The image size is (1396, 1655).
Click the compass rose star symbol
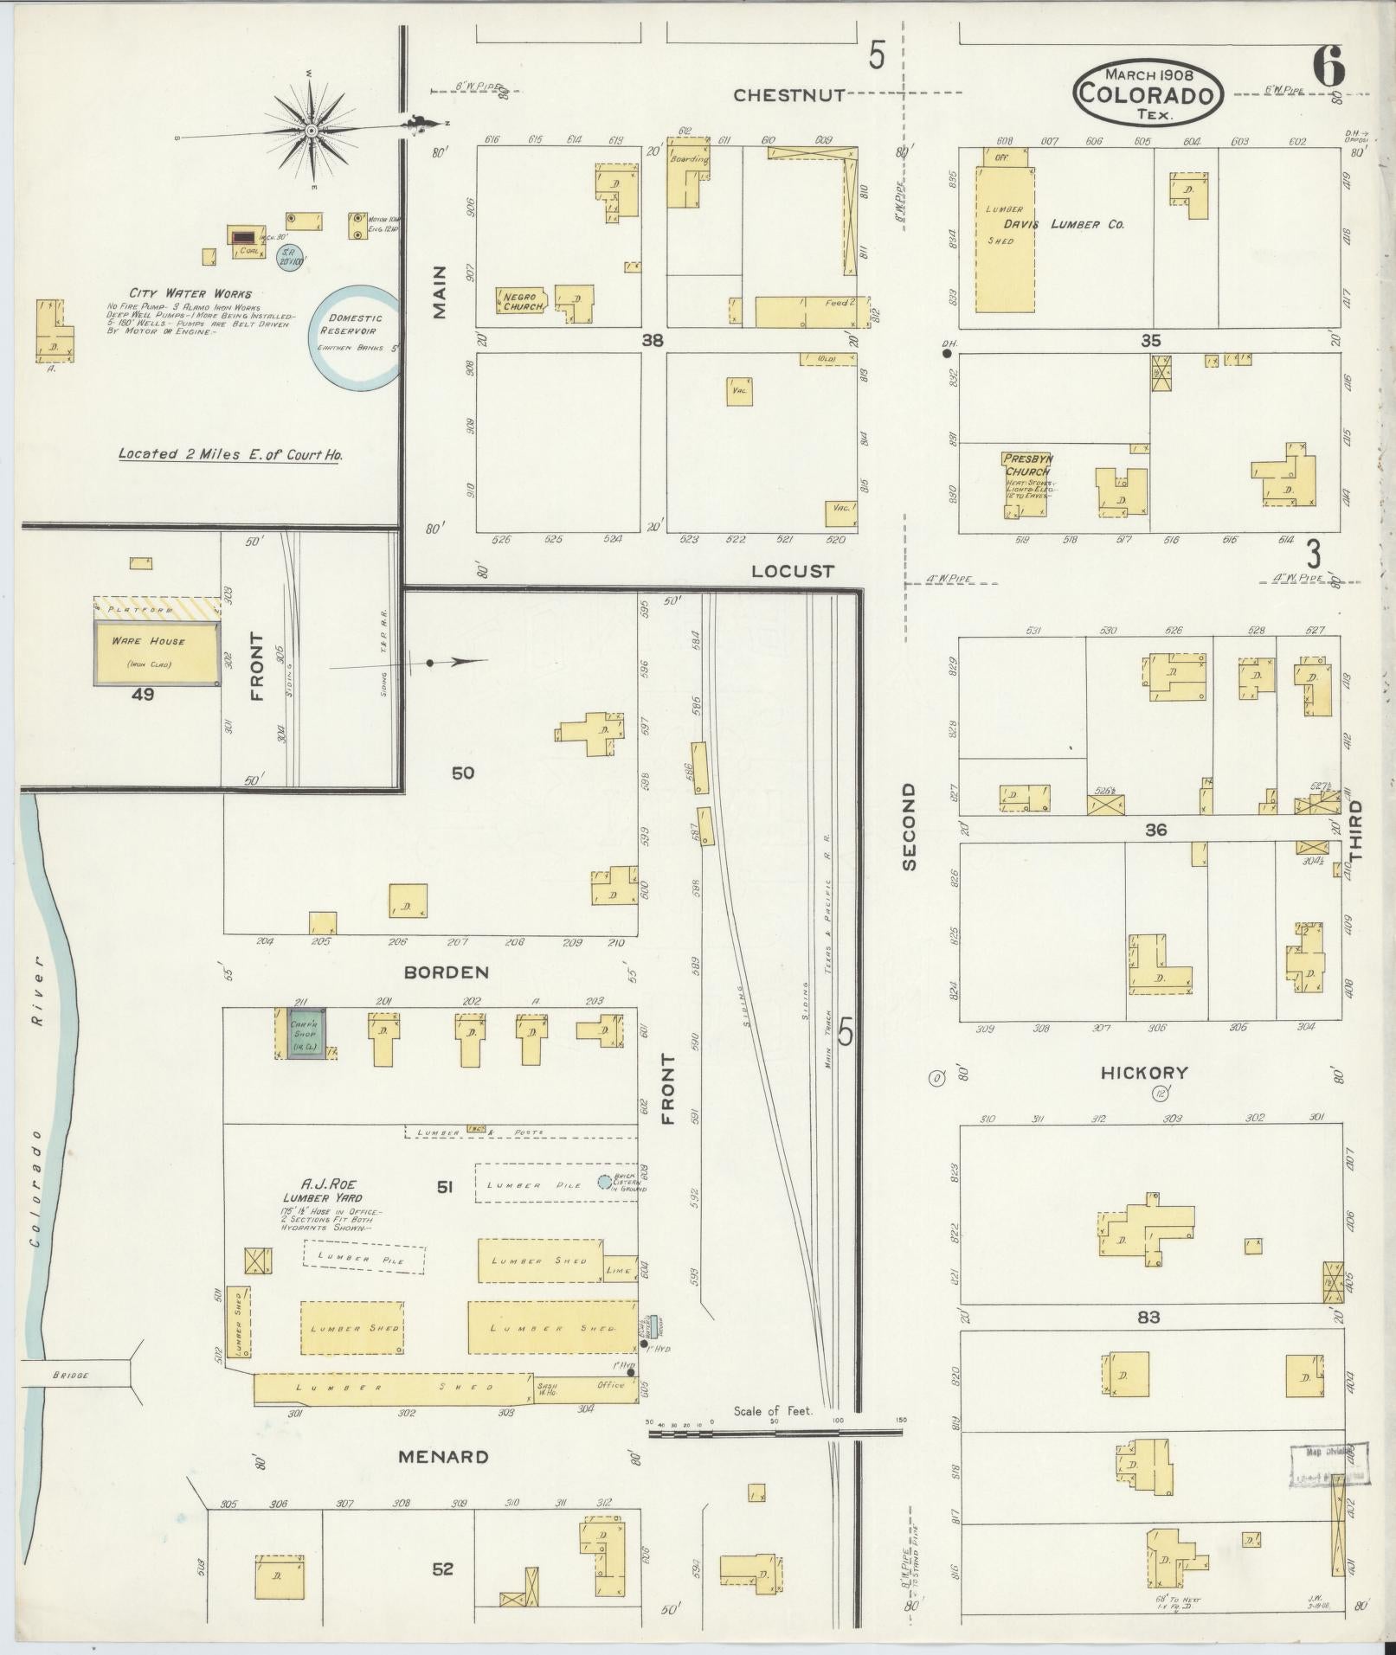click(310, 131)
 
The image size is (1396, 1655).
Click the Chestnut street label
click(788, 96)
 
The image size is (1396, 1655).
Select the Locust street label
click(792, 571)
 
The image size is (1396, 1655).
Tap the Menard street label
click(443, 1457)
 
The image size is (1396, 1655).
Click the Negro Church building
click(523, 301)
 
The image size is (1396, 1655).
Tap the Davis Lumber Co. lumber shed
click(1005, 238)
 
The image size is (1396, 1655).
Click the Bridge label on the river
click(71, 1376)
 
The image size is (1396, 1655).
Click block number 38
click(652, 341)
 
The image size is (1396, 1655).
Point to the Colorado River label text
click(35, 1125)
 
